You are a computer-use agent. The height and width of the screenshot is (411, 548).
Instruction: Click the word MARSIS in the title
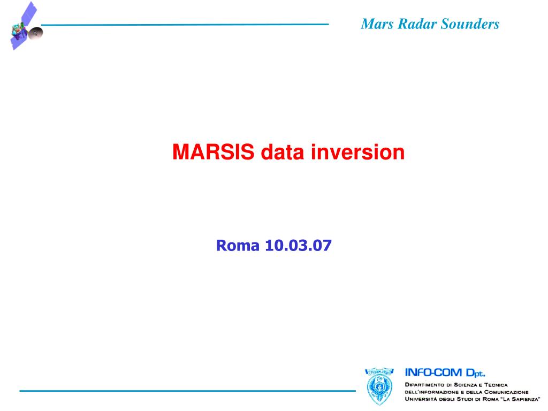click(213, 152)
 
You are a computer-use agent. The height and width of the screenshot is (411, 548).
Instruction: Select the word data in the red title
click(283, 152)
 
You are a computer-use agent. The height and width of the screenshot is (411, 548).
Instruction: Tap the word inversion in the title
click(357, 152)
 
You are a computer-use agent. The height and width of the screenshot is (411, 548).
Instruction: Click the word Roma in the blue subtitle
click(238, 245)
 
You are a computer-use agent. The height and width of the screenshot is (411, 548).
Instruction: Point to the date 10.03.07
click(298, 245)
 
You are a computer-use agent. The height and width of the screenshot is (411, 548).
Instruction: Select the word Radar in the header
click(417, 24)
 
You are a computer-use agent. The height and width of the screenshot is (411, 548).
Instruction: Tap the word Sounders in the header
click(470, 24)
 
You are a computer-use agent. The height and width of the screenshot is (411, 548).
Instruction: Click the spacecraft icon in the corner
click(26, 26)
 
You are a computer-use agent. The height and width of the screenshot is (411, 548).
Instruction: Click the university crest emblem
click(379, 386)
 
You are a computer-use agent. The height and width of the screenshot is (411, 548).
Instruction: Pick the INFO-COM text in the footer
click(433, 373)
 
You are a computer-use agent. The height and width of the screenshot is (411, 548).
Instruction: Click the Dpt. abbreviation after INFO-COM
click(476, 373)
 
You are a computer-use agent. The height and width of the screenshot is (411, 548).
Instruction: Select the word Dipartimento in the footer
click(425, 385)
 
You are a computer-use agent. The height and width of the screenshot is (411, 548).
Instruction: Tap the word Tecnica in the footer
click(496, 385)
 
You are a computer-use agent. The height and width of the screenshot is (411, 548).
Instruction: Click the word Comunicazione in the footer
click(506, 392)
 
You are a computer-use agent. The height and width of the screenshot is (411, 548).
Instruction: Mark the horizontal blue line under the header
click(185, 25)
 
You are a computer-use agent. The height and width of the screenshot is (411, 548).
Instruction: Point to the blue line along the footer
click(188, 391)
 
